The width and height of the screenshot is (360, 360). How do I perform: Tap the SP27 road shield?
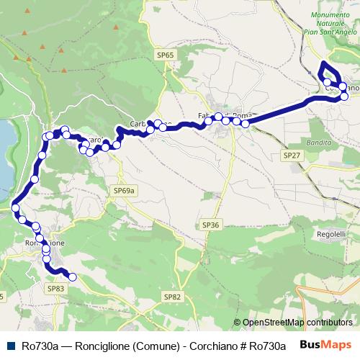291,156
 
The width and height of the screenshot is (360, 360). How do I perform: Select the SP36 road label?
210,225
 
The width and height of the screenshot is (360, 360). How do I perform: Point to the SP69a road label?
124,190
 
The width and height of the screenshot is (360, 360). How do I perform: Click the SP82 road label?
171,297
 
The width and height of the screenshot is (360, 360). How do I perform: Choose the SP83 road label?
55,288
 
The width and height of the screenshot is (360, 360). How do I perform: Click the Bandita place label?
319,143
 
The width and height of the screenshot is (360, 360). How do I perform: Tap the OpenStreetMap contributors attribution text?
297,323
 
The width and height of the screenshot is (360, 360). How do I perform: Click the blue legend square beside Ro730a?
9,345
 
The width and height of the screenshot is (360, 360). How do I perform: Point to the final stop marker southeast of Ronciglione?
72,276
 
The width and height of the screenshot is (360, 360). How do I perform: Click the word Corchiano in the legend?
208,345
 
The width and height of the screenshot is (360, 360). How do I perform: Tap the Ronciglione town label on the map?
45,243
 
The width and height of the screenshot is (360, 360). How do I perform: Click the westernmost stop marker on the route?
16,209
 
